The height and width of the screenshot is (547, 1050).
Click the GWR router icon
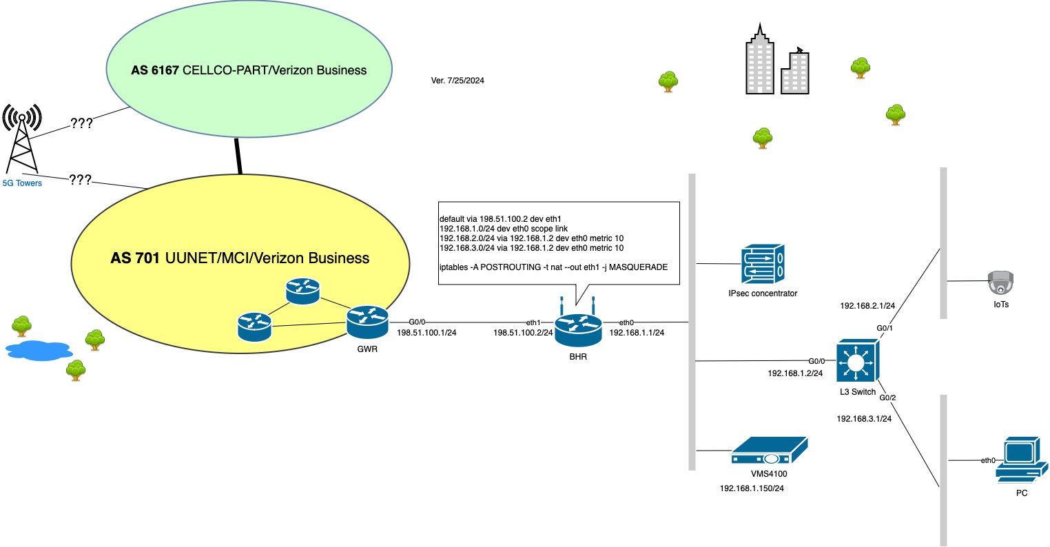367,322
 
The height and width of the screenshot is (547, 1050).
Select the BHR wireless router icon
578,329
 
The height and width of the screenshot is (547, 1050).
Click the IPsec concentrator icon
763,264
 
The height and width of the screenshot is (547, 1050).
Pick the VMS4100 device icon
769,451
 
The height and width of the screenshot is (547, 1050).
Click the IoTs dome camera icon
1001,282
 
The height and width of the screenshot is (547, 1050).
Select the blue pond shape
39,351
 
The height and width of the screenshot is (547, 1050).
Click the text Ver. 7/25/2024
457,81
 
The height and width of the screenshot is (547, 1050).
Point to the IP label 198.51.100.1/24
426,333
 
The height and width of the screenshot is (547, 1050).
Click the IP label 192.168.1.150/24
752,488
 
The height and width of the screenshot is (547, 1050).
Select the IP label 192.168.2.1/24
867,306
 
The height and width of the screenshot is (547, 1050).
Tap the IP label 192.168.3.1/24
864,419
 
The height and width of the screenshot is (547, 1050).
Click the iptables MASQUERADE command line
553,267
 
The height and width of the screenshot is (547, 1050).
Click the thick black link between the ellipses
238,156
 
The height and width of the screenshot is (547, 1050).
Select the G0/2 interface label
887,398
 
